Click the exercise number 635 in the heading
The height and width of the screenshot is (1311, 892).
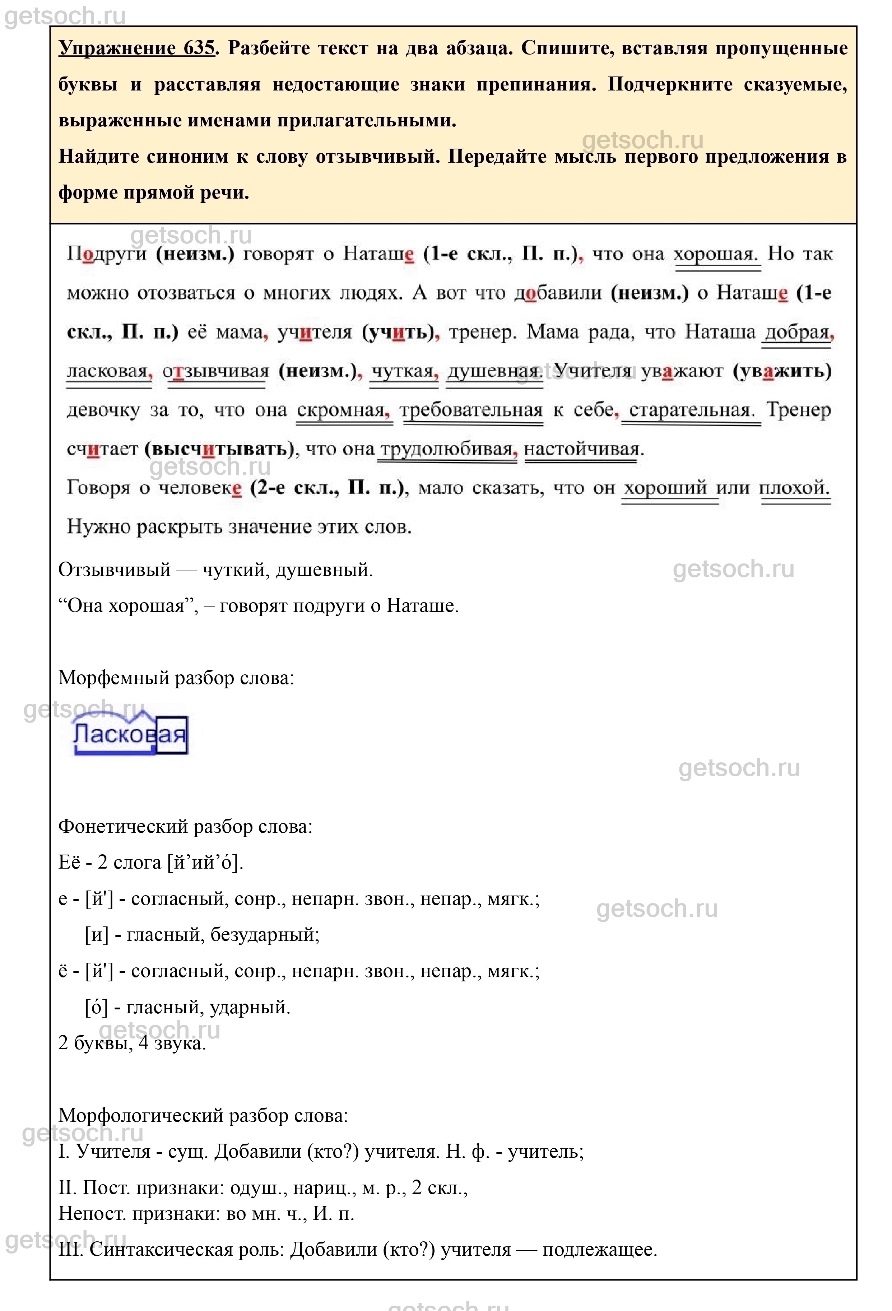199,48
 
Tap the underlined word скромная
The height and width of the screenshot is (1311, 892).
341,410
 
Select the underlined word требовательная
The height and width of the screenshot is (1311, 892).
471,410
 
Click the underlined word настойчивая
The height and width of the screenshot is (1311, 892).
581,449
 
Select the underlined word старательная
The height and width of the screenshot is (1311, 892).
691,410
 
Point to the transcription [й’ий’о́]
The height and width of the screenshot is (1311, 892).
205,863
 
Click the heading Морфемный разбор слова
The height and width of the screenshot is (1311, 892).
176,678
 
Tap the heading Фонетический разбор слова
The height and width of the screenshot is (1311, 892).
185,827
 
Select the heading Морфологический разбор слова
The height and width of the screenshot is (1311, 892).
203,1115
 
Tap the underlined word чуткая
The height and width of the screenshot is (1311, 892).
402,371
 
